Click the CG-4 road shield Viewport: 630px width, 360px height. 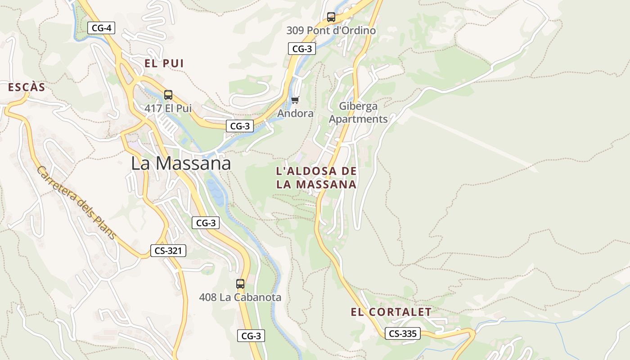coord(101,28)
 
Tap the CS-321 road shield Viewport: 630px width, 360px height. coord(168,251)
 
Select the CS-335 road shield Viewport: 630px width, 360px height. coord(403,333)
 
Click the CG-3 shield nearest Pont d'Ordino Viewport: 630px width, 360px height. coord(302,49)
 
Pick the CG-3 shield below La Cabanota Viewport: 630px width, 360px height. coord(251,336)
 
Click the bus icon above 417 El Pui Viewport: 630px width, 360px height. coord(168,95)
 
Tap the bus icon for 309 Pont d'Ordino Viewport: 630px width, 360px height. coord(331,18)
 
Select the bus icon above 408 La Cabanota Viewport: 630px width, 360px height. coord(240,284)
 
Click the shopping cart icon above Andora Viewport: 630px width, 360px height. coord(295,100)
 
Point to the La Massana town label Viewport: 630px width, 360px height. coord(181,163)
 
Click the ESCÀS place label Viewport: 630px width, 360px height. coord(27,87)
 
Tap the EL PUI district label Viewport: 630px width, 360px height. coord(164,63)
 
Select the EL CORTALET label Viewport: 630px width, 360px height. coord(391,312)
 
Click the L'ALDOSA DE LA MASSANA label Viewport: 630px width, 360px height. coord(316,178)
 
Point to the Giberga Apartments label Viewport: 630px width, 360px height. coord(358,112)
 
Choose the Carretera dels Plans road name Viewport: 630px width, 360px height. coord(76,202)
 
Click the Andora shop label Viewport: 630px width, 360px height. coord(295,113)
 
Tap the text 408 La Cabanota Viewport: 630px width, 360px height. coord(240,297)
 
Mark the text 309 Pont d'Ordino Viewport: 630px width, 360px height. coord(331,31)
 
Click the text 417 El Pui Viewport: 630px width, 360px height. coord(168,108)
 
